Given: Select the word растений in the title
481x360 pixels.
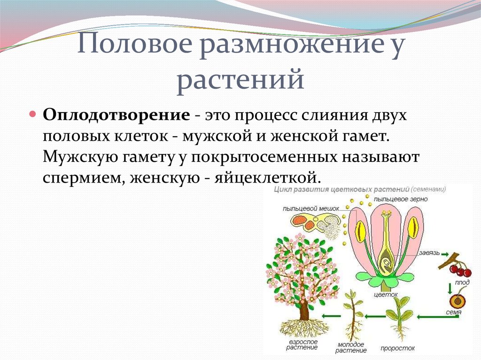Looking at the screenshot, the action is [240, 79].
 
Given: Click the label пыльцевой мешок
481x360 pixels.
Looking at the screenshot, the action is [310, 208].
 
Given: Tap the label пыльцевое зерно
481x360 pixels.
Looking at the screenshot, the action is [401, 199].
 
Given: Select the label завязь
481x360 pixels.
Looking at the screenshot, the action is [429, 253].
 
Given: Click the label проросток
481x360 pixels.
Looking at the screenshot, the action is [397, 348].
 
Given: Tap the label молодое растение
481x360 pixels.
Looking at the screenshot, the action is [351, 347].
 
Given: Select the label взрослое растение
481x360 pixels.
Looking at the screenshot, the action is [303, 345].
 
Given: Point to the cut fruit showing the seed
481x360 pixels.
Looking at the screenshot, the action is [458, 301].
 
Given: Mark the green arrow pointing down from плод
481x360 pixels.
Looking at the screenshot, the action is [450, 288].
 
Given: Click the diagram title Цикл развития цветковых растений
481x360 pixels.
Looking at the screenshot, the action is [342, 189].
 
